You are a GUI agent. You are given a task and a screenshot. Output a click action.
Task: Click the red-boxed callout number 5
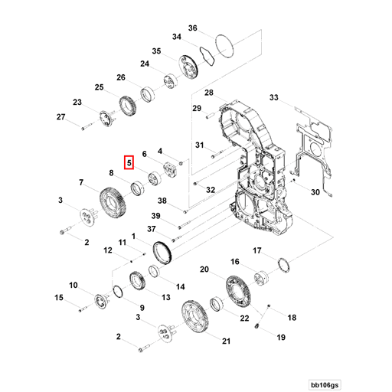129,162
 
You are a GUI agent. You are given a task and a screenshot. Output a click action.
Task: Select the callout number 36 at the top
193,28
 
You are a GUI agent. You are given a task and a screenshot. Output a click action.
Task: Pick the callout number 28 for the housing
207,93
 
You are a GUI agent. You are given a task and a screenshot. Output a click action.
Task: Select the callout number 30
315,193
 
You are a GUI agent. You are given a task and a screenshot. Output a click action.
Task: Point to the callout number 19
280,337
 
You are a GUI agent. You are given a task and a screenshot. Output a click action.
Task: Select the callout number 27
61,116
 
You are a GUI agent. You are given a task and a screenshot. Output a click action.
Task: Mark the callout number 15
59,297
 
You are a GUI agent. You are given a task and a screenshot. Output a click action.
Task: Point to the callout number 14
181,287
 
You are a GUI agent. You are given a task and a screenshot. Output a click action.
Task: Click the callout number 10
74,286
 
